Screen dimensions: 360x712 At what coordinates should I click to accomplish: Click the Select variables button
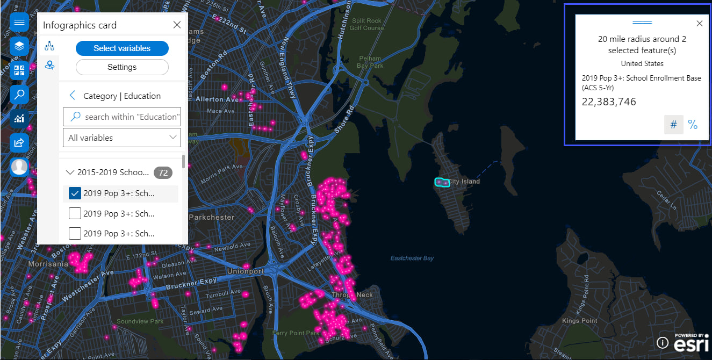[x=122, y=48]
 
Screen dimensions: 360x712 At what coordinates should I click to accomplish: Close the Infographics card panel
[x=177, y=25]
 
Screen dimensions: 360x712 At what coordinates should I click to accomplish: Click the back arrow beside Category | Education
[x=73, y=96]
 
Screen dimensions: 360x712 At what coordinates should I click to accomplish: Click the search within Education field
[x=127, y=117]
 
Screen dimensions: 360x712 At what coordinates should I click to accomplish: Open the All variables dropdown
[x=122, y=138]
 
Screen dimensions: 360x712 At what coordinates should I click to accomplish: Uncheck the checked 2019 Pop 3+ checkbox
[x=75, y=193]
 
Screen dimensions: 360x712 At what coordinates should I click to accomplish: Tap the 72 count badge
[x=163, y=172]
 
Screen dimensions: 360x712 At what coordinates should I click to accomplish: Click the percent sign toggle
[x=693, y=125]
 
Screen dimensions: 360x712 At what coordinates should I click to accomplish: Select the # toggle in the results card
[x=673, y=125]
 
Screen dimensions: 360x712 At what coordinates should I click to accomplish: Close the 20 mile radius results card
[x=699, y=24]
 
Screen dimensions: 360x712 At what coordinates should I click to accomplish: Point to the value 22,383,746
[x=609, y=102]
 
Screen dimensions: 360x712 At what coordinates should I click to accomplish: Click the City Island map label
[x=464, y=182]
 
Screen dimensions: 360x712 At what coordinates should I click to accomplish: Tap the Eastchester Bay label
[x=412, y=258]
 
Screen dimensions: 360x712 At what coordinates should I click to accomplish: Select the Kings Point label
[x=579, y=321]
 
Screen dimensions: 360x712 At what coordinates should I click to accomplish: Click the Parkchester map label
[x=213, y=217]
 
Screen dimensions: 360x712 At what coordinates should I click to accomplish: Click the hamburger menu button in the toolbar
[x=19, y=23]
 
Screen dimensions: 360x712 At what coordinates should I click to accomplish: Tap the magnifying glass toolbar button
[x=19, y=95]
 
